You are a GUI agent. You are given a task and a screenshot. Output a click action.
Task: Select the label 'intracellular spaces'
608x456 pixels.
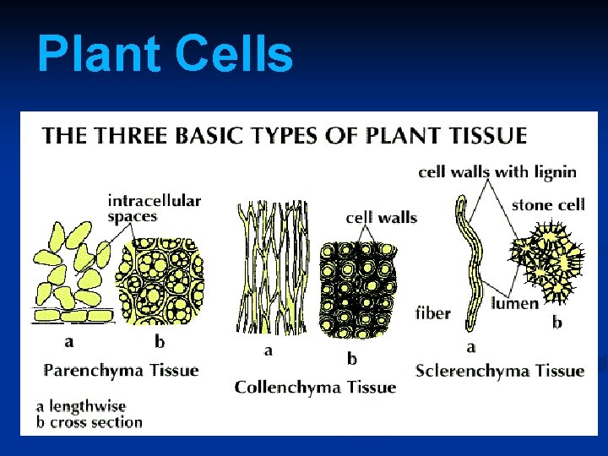(x=154, y=208)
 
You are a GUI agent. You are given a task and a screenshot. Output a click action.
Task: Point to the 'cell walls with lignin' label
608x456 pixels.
(x=497, y=172)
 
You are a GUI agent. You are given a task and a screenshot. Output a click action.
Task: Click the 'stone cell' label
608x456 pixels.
(x=548, y=204)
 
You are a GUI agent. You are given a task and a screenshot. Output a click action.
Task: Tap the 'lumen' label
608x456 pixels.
(x=514, y=303)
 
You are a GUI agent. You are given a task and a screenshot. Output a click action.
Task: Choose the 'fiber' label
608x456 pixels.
(x=433, y=313)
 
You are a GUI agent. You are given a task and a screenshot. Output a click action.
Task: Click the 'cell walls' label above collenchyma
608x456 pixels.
(x=381, y=218)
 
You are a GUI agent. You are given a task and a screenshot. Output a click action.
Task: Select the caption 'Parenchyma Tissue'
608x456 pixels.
(x=121, y=370)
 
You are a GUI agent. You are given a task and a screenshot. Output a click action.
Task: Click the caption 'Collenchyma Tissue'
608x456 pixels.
(x=315, y=387)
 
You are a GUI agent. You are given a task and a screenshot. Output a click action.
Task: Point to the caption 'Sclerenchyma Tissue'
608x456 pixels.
(x=500, y=370)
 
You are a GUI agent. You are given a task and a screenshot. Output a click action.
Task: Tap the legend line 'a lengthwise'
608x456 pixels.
(x=81, y=405)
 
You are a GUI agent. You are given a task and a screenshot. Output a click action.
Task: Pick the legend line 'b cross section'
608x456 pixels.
(x=90, y=421)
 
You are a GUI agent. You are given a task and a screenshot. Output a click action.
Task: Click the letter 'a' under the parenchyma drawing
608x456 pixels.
(x=69, y=342)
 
